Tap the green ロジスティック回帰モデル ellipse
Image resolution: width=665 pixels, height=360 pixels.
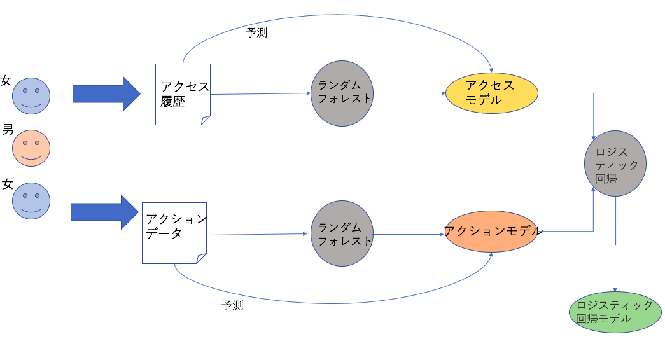pos(615,312)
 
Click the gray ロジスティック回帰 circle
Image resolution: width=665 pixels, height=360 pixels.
pos(615,163)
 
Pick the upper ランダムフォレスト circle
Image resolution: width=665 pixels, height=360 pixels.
pos(342,93)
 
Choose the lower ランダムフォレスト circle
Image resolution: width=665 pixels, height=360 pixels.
pos(342,233)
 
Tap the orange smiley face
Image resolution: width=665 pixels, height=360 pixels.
pos(31,148)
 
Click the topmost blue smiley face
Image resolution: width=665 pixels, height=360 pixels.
pos(31,96)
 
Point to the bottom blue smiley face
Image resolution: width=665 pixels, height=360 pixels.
pos(31,201)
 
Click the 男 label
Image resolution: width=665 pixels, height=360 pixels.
pos(8,130)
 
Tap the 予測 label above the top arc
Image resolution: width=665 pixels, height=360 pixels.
pos(256,32)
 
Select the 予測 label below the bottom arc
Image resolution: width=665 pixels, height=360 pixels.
pos(232,305)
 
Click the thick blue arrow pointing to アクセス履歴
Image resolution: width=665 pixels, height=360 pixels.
pos(106,93)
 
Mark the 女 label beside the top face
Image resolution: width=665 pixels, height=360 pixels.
pos(6,81)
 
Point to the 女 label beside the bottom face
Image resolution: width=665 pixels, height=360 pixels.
pos(7,184)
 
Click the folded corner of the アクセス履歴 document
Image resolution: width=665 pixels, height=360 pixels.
pos(205,120)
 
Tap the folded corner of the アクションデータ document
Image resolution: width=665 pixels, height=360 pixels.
pos(201,258)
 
